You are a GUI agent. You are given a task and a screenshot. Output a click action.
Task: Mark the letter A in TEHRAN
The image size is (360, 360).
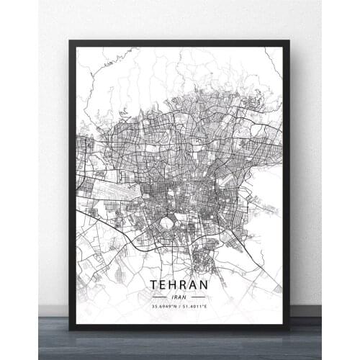[192, 284]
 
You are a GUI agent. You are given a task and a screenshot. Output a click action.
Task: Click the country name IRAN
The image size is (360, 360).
[179, 296]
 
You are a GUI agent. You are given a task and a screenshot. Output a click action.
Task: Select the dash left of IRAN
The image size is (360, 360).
[159, 296]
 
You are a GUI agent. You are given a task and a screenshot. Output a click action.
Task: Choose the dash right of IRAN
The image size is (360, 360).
[198, 296]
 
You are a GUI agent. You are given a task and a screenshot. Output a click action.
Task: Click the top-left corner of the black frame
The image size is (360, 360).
[70, 41]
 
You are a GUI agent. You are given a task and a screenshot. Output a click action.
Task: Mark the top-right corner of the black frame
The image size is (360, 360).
[289, 41]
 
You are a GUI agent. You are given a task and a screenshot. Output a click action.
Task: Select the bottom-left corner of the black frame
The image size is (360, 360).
[70, 329]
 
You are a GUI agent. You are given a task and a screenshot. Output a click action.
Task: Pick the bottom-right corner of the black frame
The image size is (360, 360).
[289, 329]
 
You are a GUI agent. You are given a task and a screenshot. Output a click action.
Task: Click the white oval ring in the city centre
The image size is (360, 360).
[166, 222]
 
